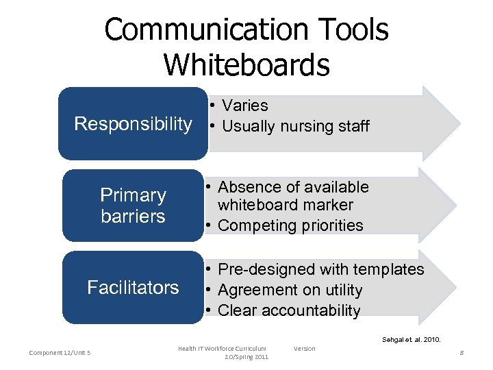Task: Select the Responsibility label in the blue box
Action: (x=133, y=124)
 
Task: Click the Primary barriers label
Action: (x=133, y=206)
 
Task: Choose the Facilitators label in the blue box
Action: (x=133, y=287)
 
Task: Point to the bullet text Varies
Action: (x=245, y=106)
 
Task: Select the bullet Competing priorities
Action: (x=290, y=225)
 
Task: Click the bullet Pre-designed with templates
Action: (x=320, y=269)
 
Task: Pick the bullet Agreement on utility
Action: (x=290, y=290)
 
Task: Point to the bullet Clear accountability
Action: (x=288, y=310)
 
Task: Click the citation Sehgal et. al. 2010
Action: (x=411, y=339)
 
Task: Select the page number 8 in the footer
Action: (x=462, y=353)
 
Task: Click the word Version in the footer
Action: (x=305, y=349)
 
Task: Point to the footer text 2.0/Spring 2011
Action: (x=246, y=357)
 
